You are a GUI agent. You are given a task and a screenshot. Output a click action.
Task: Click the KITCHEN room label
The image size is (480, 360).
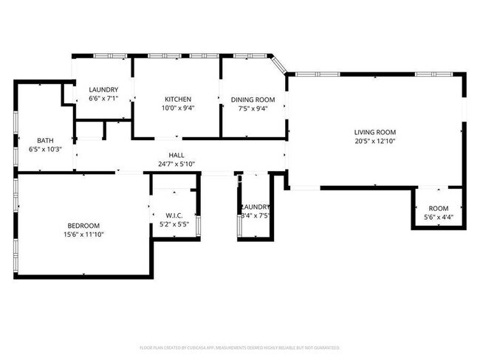(178, 100)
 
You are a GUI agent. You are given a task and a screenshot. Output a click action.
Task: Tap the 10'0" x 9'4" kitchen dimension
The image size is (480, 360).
(178, 108)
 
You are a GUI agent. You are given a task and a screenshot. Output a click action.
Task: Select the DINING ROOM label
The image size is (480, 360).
(253, 100)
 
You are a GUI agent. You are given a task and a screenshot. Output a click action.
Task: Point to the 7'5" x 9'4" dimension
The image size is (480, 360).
(253, 108)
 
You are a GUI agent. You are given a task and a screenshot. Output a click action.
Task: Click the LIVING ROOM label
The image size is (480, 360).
(375, 132)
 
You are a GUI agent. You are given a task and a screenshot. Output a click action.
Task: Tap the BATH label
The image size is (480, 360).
(45, 140)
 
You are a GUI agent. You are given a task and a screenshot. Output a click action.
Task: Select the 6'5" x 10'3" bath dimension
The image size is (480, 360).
(45, 149)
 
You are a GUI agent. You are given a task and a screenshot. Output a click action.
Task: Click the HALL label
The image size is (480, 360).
(176, 155)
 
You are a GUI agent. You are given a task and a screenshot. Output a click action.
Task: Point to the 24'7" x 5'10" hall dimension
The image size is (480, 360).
(176, 164)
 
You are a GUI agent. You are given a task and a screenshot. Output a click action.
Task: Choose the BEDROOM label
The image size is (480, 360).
(83, 226)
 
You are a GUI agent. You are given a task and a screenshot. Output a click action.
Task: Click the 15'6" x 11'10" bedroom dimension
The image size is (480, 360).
(83, 235)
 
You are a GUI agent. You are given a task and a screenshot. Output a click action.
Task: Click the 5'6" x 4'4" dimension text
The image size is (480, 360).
(439, 216)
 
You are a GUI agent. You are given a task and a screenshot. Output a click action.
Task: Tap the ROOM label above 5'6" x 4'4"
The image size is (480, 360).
(439, 208)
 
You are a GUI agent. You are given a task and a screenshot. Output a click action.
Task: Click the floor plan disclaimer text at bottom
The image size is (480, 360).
(240, 347)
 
